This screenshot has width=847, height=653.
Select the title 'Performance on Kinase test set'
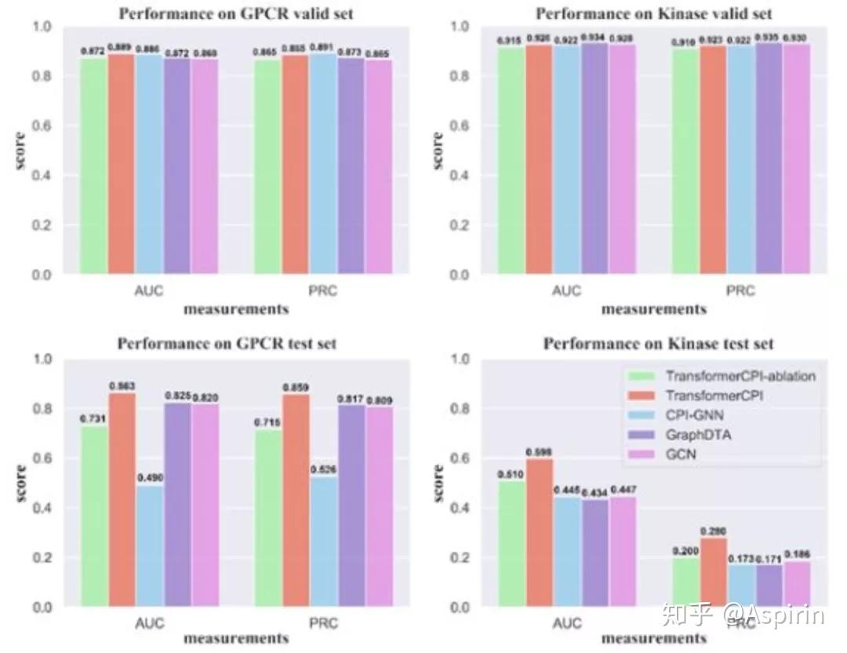pyautogui.click(x=658, y=344)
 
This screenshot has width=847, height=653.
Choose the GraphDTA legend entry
pyautogui.click(x=698, y=434)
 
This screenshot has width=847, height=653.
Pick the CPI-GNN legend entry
pyautogui.click(x=694, y=415)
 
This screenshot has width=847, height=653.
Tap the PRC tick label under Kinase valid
pyautogui.click(x=740, y=291)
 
